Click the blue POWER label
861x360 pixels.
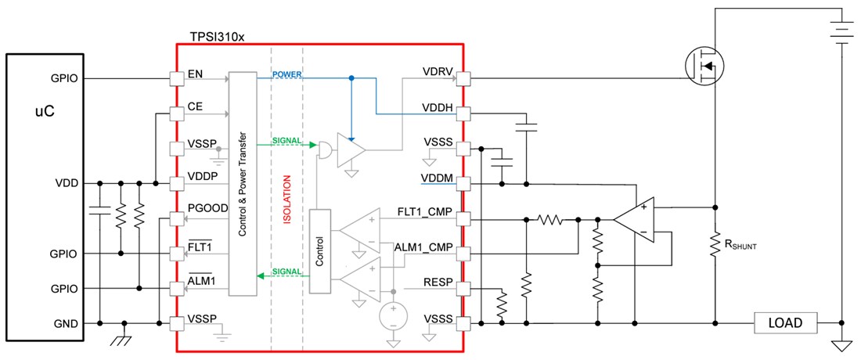tap(287, 74)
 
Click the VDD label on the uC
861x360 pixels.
tap(67, 183)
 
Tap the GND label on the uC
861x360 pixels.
tap(67, 322)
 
